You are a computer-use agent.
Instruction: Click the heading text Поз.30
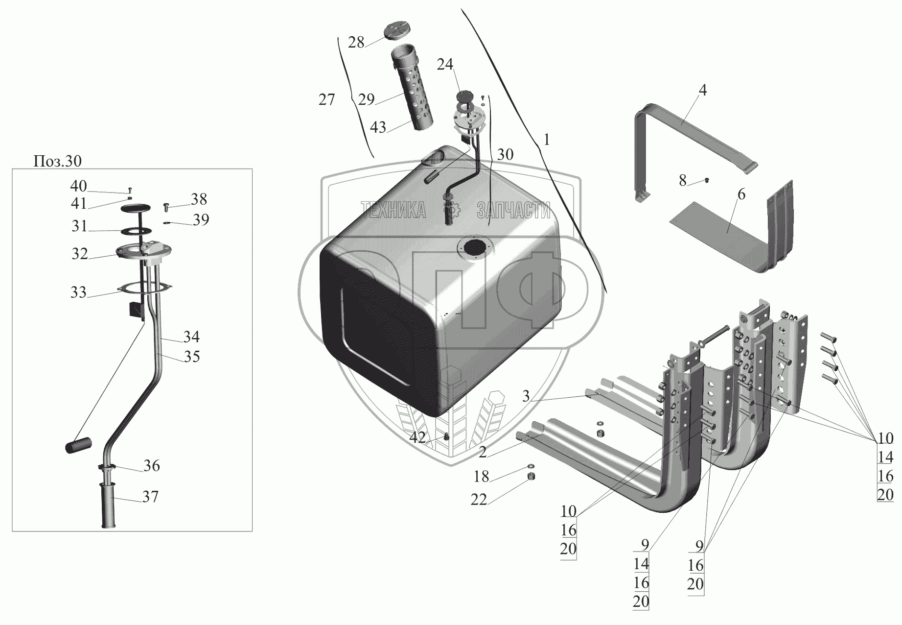(57, 161)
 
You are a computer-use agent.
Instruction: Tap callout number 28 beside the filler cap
(356, 43)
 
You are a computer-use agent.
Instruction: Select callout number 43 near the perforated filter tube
(378, 127)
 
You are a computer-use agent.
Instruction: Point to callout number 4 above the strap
(702, 90)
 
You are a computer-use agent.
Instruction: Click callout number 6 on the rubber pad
(741, 194)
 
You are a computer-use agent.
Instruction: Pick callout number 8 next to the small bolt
(683, 180)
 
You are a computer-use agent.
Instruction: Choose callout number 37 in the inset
(150, 497)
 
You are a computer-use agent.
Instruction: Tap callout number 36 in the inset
(152, 466)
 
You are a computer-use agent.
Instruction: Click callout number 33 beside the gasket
(78, 292)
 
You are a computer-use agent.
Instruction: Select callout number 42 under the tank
(417, 438)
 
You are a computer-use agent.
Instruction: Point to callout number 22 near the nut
(479, 500)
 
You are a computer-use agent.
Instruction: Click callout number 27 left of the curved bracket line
(326, 100)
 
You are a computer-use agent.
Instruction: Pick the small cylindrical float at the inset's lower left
(78, 446)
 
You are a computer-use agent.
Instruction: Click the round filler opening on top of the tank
(473, 247)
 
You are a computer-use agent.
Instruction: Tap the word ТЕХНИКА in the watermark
(393, 210)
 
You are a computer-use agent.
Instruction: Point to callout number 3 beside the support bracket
(526, 396)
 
